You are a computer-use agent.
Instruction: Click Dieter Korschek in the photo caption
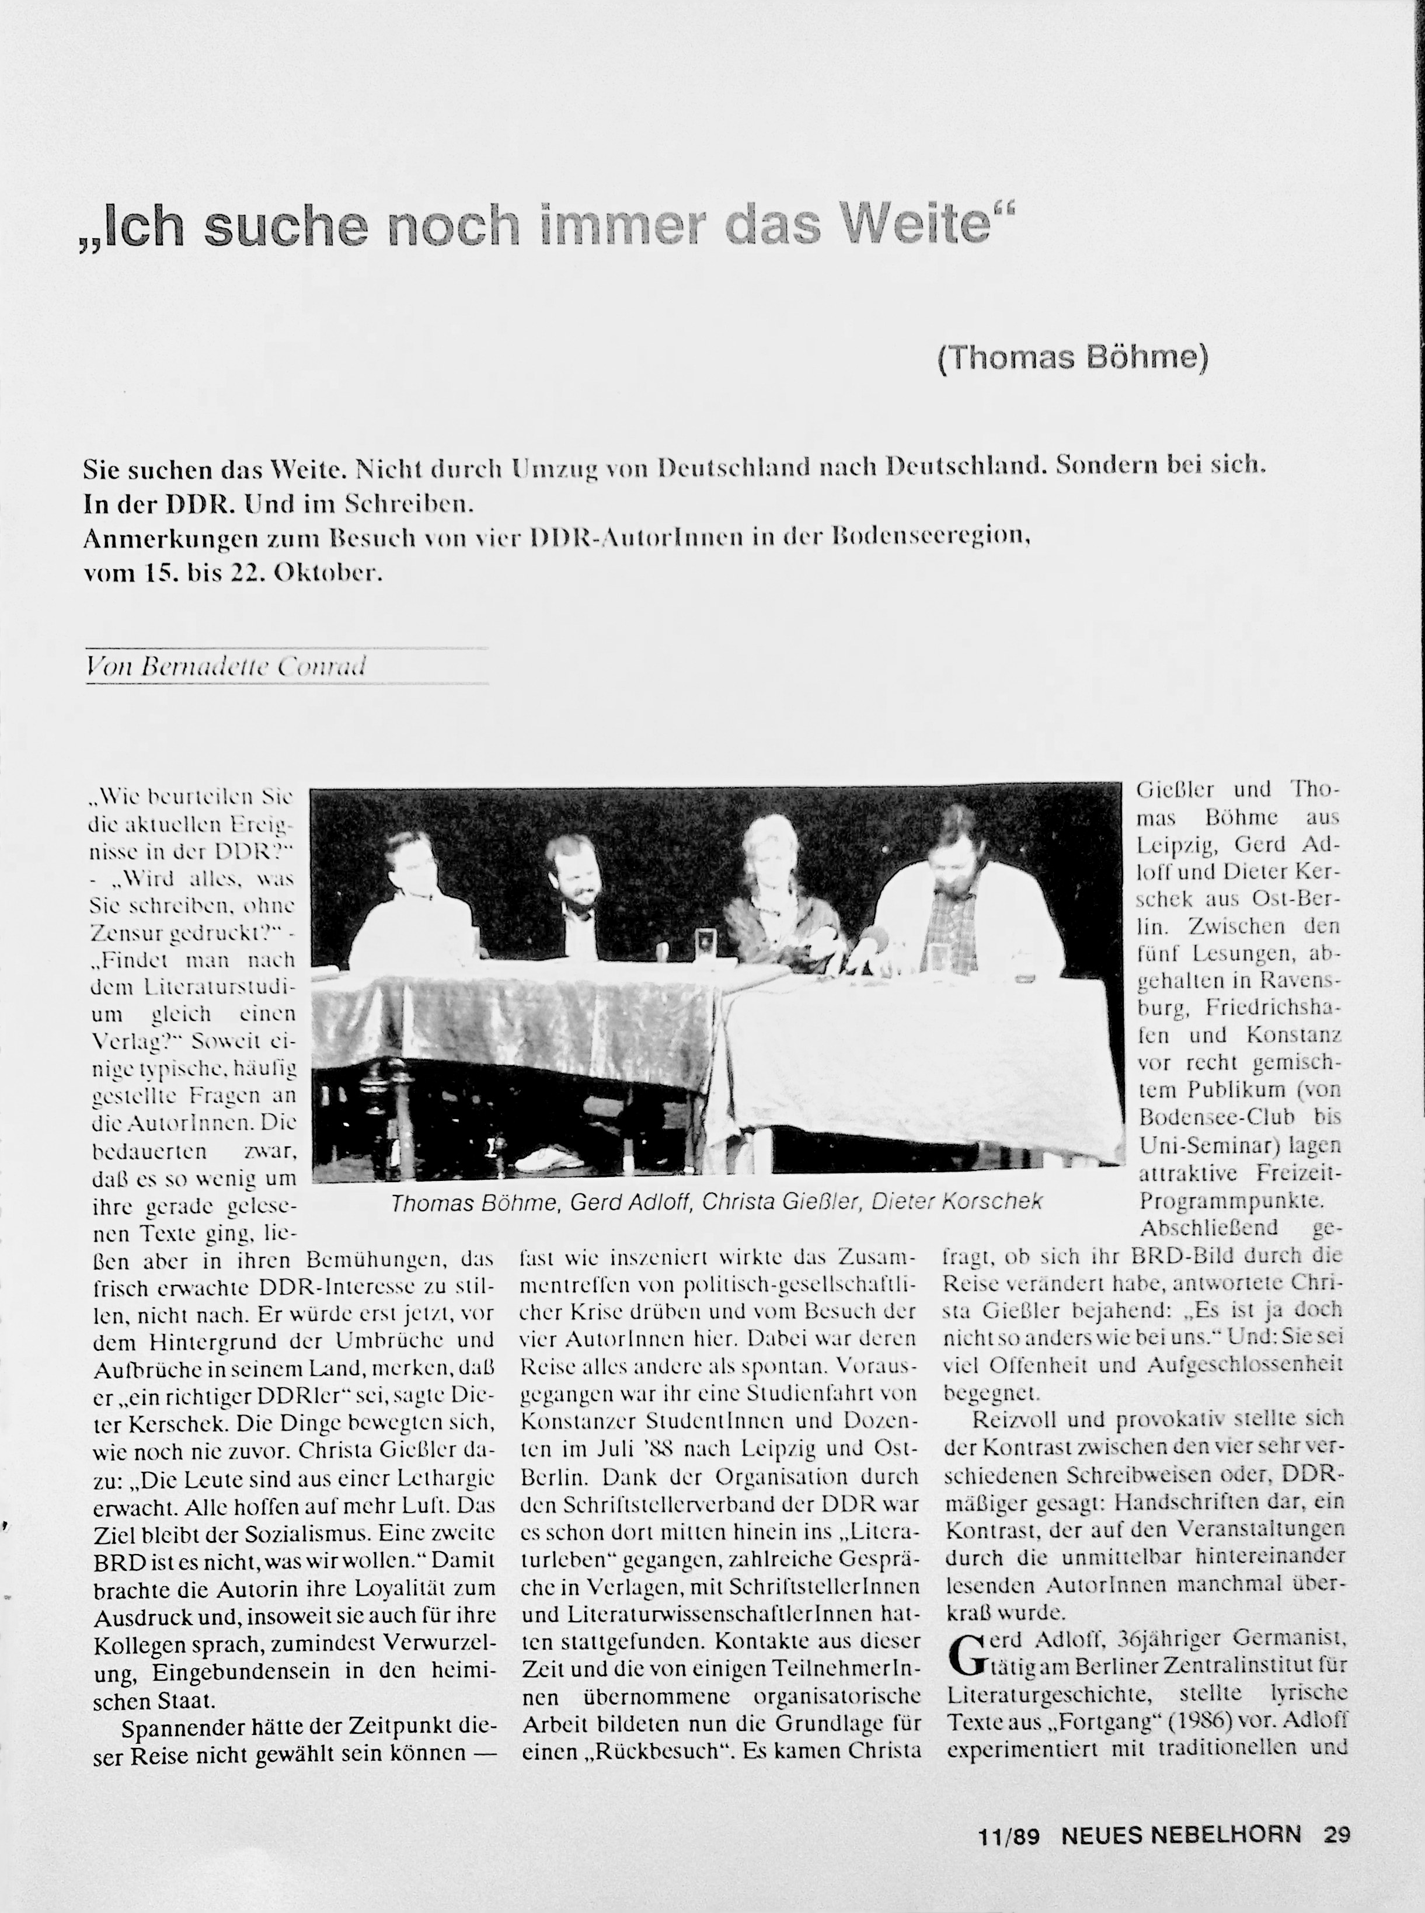click(x=957, y=1201)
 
